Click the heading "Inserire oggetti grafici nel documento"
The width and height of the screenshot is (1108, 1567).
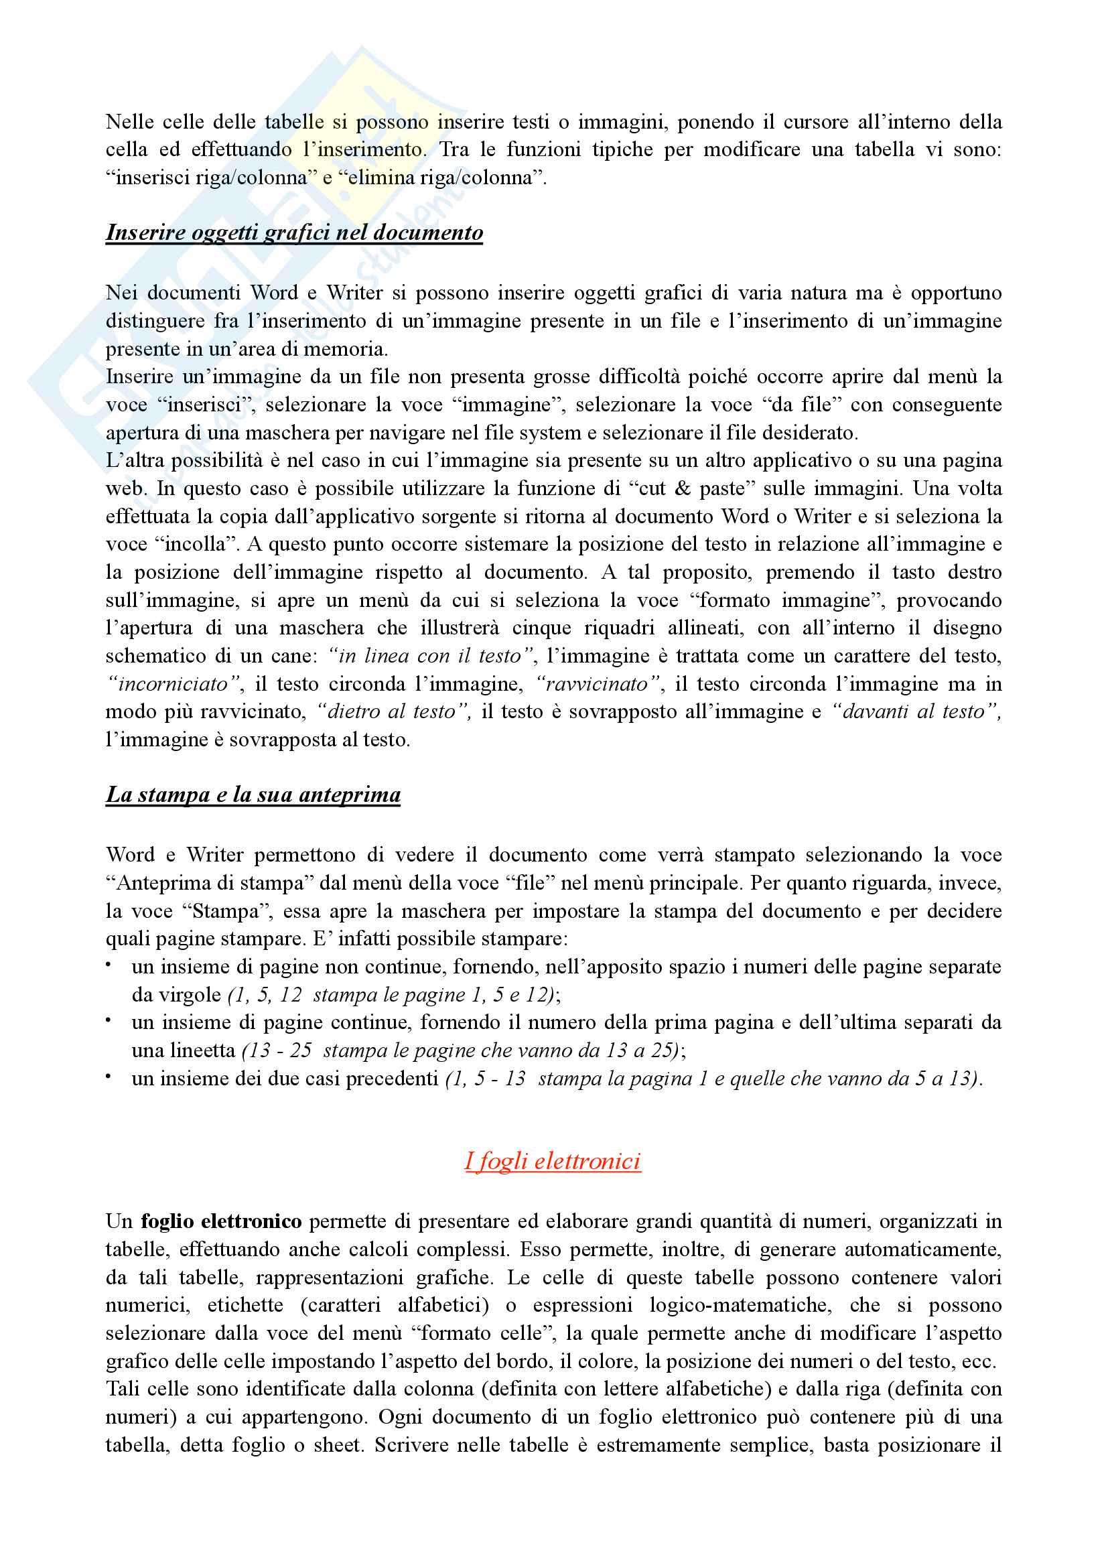294,232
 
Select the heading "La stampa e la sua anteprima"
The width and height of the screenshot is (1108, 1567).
253,795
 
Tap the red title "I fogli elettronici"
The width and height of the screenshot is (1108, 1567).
553,1161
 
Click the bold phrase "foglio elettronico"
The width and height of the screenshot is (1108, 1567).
221,1221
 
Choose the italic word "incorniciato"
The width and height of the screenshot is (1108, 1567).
174,684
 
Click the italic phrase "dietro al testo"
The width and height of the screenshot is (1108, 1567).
392,712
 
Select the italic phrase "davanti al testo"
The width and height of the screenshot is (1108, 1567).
914,712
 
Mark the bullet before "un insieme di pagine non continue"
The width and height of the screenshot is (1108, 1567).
109,964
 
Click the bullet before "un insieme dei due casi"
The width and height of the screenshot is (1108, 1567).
109,1077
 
